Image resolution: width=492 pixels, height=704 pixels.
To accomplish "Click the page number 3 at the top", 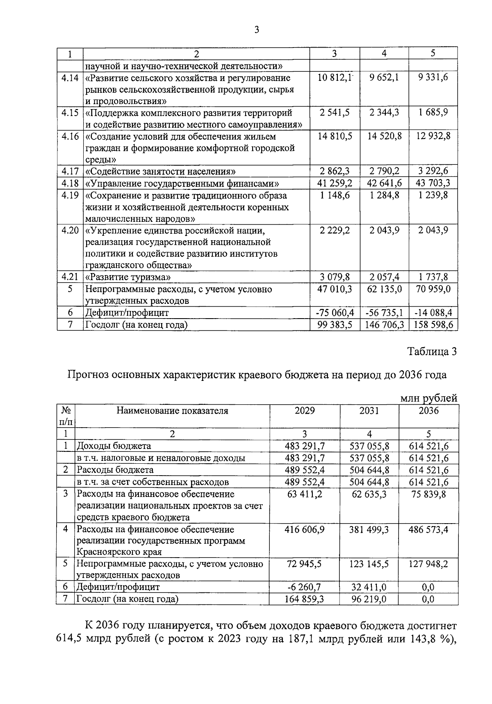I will pyautogui.click(x=257, y=30).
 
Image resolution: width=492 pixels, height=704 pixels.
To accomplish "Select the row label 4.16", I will pyautogui.click(x=70, y=136).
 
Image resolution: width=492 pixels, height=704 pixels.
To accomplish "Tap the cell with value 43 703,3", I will pyautogui.click(x=433, y=183).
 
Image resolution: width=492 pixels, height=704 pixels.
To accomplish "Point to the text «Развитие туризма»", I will pyautogui.click(x=128, y=277).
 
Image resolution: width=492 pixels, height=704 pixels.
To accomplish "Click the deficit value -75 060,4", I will pyautogui.click(x=335, y=313).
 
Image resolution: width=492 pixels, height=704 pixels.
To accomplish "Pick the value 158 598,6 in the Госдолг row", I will pyautogui.click(x=433, y=325).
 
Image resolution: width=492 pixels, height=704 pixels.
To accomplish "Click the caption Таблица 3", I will pyautogui.click(x=432, y=351).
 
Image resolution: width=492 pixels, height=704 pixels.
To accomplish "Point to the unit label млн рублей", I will pyautogui.click(x=428, y=398).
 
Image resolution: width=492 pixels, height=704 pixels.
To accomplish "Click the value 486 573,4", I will pyautogui.click(x=428, y=529).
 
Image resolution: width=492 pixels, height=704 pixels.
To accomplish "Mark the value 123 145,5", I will pyautogui.click(x=369, y=564).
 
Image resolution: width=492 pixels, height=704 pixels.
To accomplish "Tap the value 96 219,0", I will pyautogui.click(x=369, y=599).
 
